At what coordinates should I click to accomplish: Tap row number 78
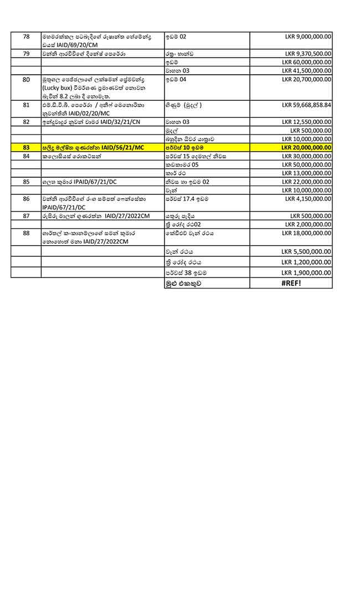tap(26, 37)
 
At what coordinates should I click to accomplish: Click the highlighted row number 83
tap(26, 148)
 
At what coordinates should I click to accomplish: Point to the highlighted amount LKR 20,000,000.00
tap(306, 148)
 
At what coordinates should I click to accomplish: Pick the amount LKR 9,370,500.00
tap(308, 54)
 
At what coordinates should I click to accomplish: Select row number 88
tap(26, 233)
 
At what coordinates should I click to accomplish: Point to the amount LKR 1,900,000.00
tap(308, 272)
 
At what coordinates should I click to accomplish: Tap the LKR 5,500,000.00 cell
tap(308, 251)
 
